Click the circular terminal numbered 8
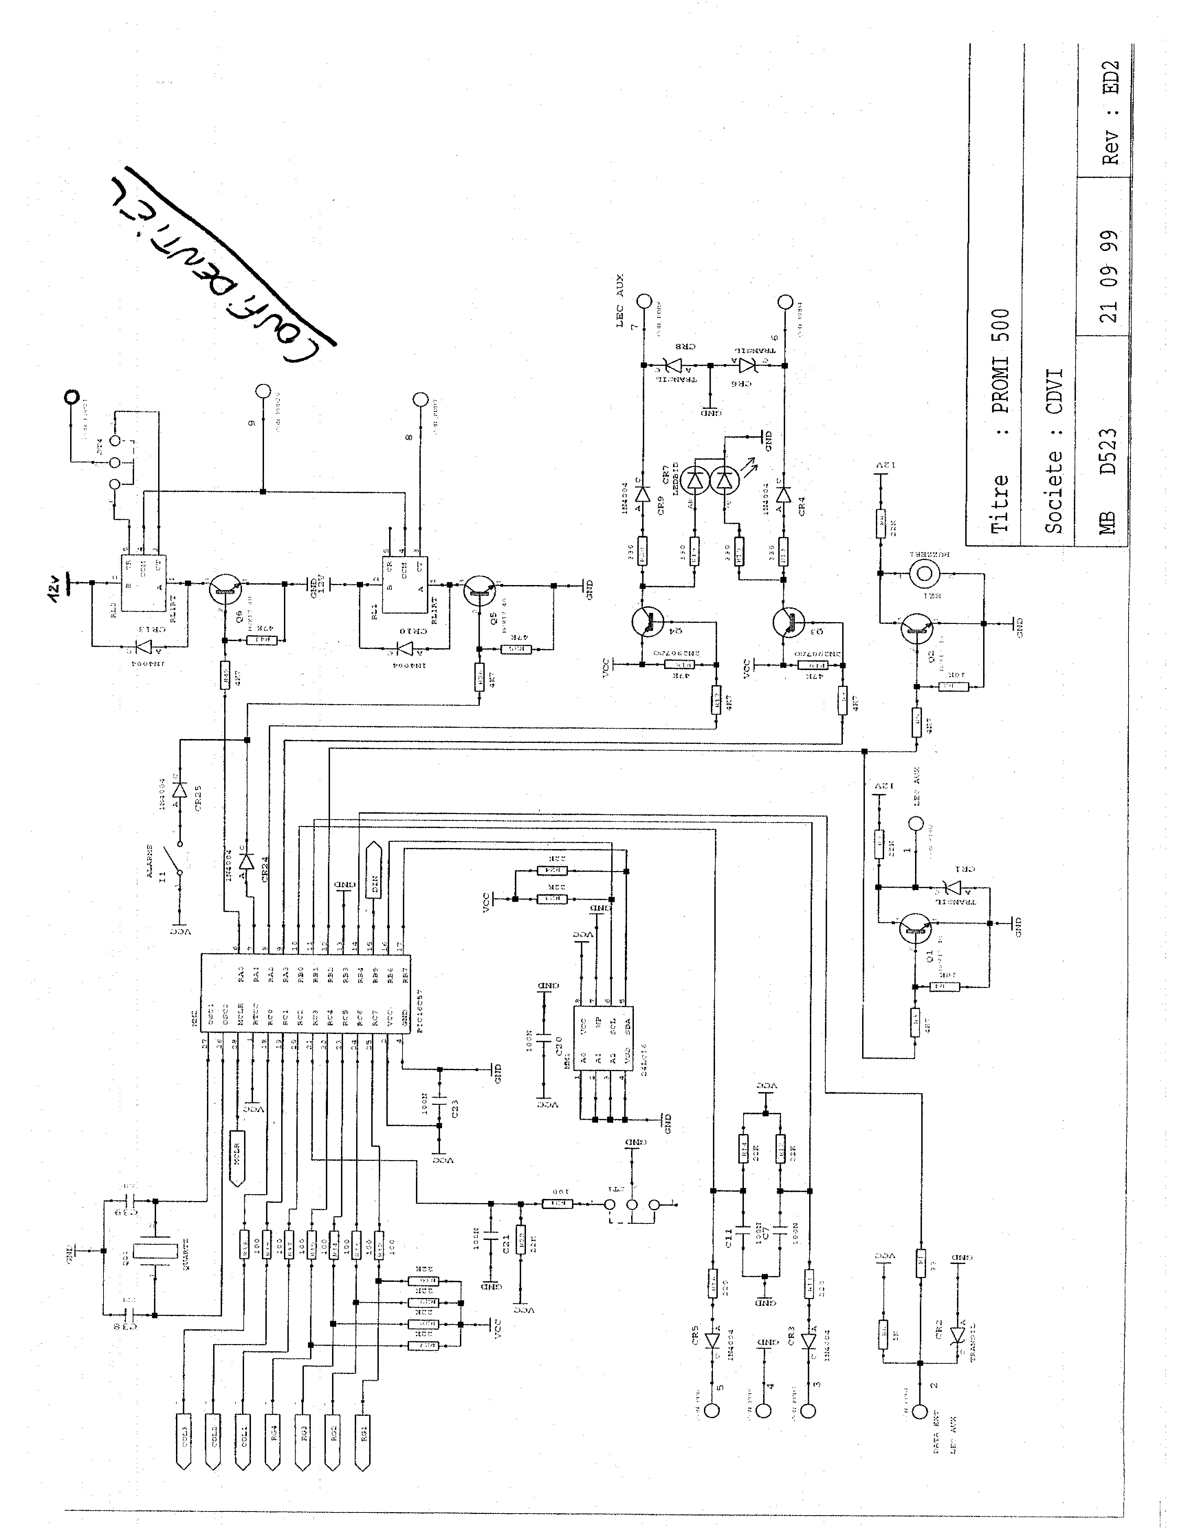(420, 400)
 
